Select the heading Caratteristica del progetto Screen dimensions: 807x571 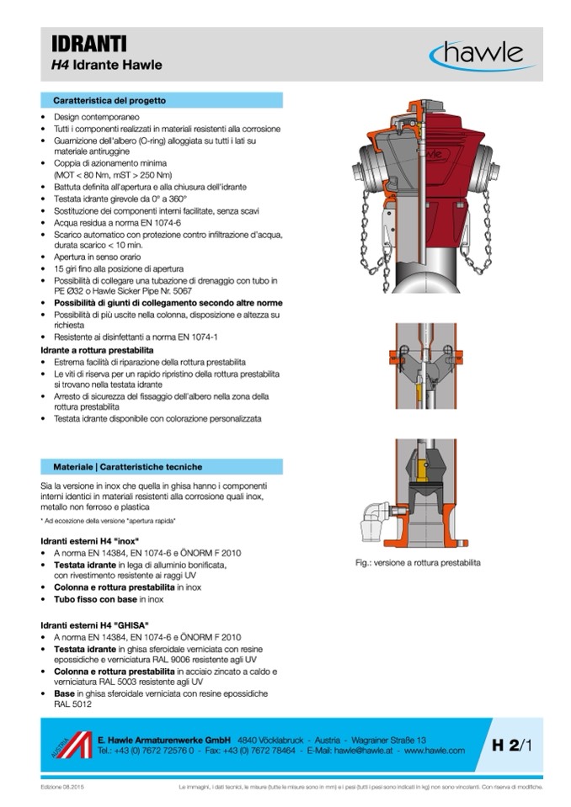tap(109, 100)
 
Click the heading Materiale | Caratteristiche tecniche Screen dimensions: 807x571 tap(127, 466)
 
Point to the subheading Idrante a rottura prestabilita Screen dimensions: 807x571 tap(97, 348)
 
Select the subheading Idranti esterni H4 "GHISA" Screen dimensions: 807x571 tap(94, 625)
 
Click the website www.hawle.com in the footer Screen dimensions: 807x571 tap(435, 750)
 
